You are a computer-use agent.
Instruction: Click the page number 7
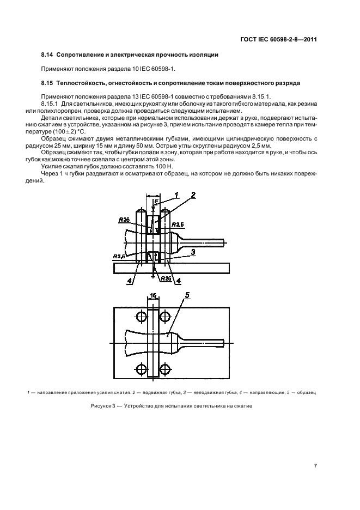coord(315,465)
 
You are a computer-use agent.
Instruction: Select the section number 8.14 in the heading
coord(47,55)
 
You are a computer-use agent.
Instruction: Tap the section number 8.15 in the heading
coord(47,83)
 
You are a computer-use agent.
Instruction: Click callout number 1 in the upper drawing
coord(176,195)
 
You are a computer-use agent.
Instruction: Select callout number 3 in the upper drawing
coord(193,252)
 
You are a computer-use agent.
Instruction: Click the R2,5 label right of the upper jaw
coord(178,224)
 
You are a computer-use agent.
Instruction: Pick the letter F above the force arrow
coord(156,203)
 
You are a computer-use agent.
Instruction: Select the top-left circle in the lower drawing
coord(142,317)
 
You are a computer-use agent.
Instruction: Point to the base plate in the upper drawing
coord(172,268)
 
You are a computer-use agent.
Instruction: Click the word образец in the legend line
coord(307,392)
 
